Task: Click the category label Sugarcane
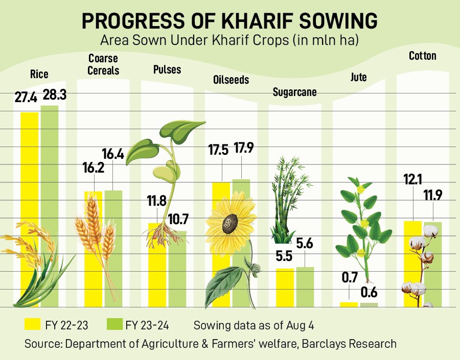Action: (x=294, y=92)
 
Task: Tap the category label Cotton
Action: (x=423, y=56)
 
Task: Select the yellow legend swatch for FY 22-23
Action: (x=33, y=324)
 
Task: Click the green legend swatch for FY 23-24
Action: (x=115, y=324)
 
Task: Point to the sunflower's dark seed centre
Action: (x=229, y=223)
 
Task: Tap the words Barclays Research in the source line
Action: (x=349, y=344)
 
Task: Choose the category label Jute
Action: (x=358, y=78)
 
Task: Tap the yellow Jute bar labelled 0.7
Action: (x=349, y=304)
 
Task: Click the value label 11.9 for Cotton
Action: (x=433, y=196)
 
